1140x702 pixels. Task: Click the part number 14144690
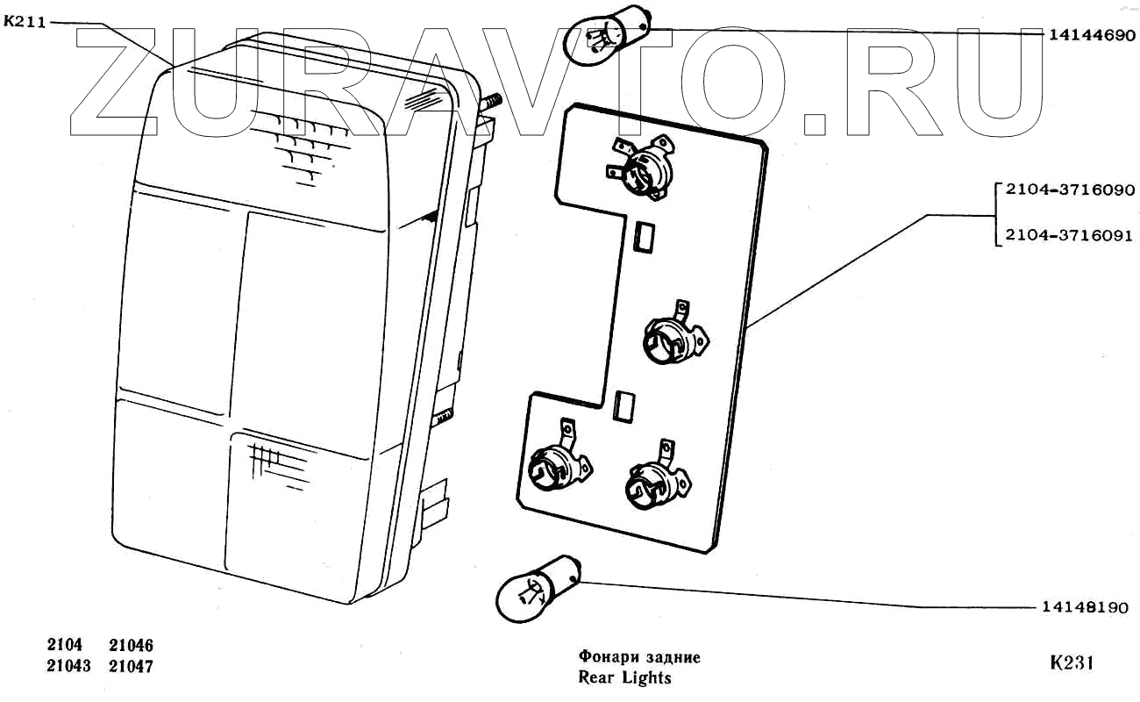pyautogui.click(x=1092, y=36)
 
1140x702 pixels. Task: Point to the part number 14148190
pyautogui.click(x=1085, y=607)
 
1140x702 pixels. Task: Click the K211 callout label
pyautogui.click(x=25, y=23)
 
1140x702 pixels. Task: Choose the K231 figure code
pyautogui.click(x=1071, y=663)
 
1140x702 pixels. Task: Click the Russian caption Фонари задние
pyautogui.click(x=639, y=657)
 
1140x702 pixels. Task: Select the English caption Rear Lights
pyautogui.click(x=624, y=677)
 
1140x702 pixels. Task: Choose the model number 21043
pyautogui.click(x=68, y=666)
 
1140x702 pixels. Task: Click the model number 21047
pyautogui.click(x=132, y=666)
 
